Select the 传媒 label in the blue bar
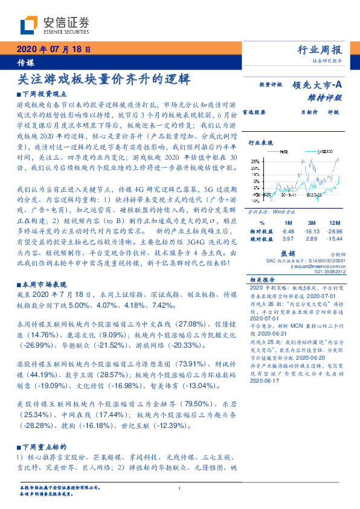(25, 62)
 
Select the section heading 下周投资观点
(46, 95)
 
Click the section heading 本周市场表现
(46, 285)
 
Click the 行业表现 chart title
(262, 143)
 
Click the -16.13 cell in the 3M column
(312, 232)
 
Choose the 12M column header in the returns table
(336, 223)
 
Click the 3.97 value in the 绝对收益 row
(288, 240)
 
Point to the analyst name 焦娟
(288, 254)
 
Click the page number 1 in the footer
(180, 488)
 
